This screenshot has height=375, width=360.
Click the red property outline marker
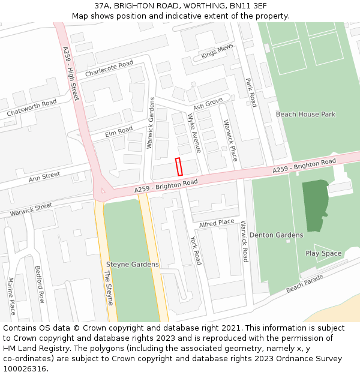point(179,166)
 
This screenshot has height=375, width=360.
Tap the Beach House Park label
point(305,114)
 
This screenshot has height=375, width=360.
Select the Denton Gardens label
point(276,235)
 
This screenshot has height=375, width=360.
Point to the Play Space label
point(323,253)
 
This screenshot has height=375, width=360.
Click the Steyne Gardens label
point(132,265)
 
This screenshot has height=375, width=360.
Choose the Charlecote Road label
point(109,68)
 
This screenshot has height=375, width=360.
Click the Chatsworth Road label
point(32,109)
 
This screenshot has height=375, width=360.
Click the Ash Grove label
point(208,103)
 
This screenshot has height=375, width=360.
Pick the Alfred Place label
point(217,223)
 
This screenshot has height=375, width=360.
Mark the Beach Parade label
point(305,283)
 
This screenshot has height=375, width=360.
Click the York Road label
point(196,250)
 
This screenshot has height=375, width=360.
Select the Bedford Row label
point(40,284)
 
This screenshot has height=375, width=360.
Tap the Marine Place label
point(11,296)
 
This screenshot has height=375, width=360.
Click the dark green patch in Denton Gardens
point(314,205)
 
